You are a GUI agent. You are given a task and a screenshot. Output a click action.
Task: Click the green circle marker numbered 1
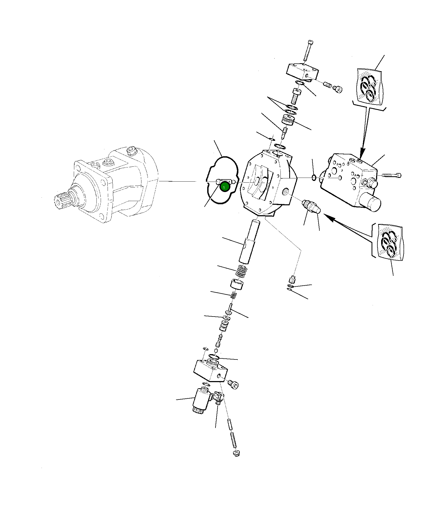[224, 187]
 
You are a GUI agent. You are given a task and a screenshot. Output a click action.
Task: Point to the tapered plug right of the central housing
[312, 207]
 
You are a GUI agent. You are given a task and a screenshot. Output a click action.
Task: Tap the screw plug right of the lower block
[233, 384]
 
